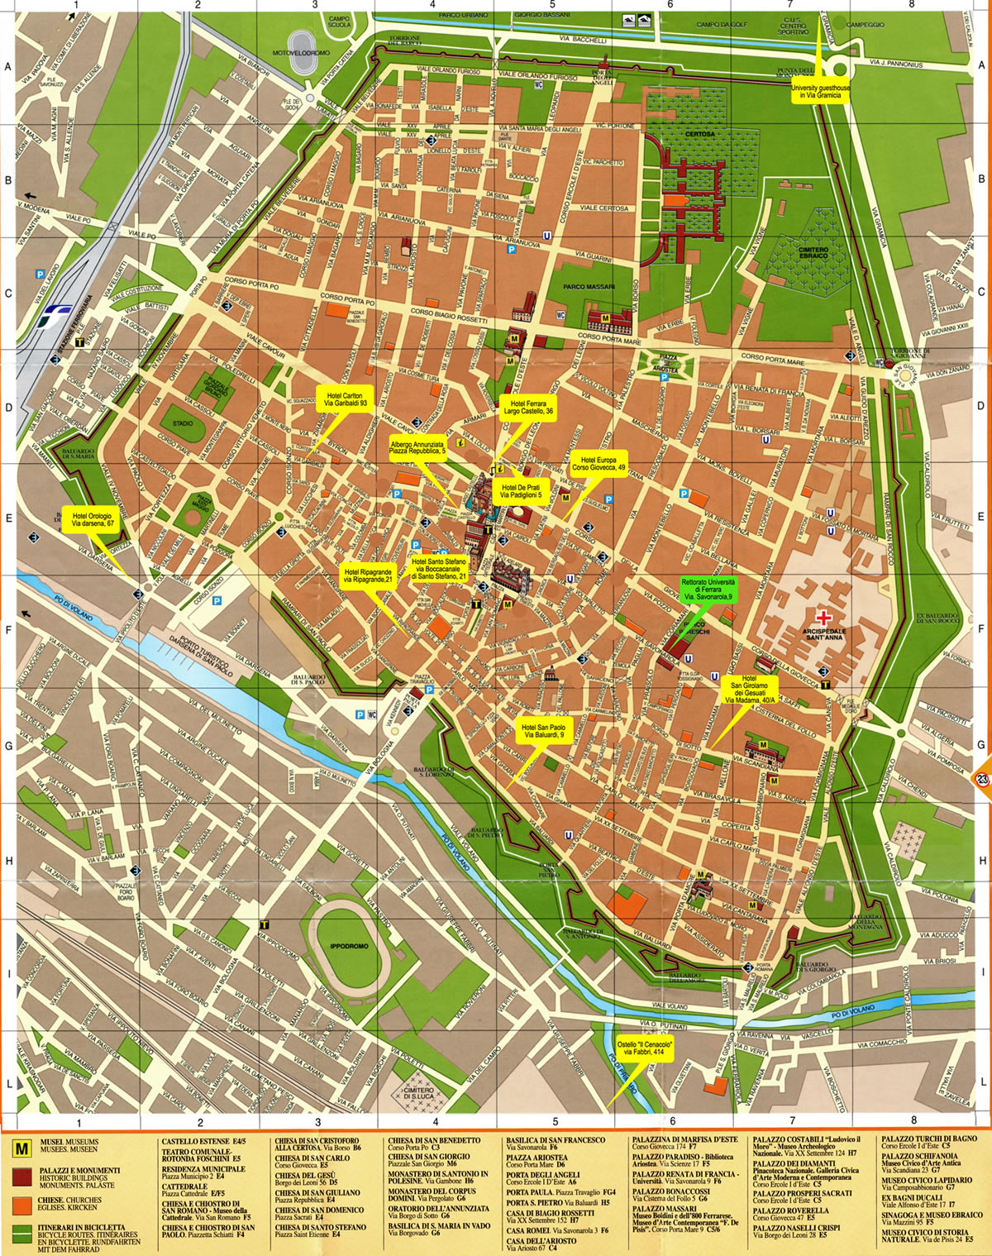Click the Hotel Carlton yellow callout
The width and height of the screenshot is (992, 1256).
pos(345,399)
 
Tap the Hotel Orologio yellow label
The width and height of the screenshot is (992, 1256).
pos(93,519)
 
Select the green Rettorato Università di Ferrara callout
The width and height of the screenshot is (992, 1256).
pos(708,590)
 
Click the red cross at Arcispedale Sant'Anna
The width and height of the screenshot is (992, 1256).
pos(823,617)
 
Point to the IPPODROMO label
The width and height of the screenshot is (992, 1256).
pos(348,946)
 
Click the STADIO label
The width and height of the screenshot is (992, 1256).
pos(183,423)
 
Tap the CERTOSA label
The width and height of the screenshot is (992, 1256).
pos(699,134)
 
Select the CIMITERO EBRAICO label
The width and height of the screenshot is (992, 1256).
pos(813,253)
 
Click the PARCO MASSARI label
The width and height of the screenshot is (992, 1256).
pos(589,287)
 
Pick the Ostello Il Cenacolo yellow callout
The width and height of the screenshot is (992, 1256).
pos(646,1048)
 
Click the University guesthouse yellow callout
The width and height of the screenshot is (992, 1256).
pos(820,92)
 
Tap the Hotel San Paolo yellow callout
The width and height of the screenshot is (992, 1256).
pos(544,731)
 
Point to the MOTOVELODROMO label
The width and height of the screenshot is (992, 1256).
pos(302,53)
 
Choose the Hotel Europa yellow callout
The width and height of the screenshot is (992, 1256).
pos(599,464)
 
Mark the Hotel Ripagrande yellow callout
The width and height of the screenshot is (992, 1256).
pos(368,575)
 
